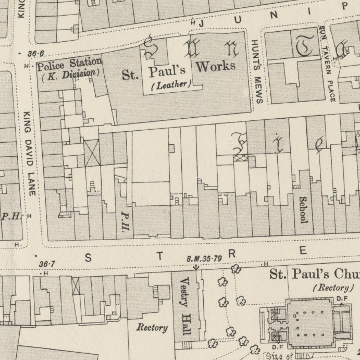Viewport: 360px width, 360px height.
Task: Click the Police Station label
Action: [x=69, y=63]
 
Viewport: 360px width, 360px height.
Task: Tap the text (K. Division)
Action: [x=69, y=73]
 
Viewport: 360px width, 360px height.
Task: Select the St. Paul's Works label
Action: [x=179, y=70]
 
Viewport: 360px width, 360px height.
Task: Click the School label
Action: [x=303, y=209]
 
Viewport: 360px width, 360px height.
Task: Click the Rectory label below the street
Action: [x=152, y=328]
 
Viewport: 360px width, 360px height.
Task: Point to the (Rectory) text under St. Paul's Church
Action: [x=330, y=288]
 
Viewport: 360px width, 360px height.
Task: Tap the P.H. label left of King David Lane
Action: [x=10, y=216]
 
